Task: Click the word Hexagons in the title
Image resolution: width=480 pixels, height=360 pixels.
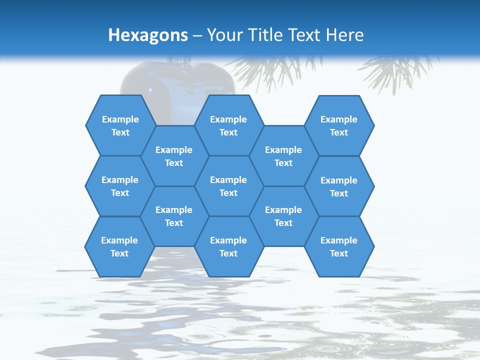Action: coord(148,35)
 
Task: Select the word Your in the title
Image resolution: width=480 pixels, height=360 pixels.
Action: coord(223,35)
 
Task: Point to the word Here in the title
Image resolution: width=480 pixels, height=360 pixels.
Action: coord(344,35)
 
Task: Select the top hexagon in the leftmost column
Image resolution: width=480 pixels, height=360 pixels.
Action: coord(120,125)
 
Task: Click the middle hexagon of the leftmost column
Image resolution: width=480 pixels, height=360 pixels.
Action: coord(120,186)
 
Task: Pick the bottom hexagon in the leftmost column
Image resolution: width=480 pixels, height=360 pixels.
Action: coord(119,246)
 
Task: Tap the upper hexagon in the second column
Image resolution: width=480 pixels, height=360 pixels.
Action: coord(174,156)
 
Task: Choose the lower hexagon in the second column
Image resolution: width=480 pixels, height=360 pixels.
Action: coord(174,216)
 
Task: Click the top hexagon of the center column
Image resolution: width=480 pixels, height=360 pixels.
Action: coord(228,125)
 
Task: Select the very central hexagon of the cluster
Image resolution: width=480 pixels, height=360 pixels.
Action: coord(228,186)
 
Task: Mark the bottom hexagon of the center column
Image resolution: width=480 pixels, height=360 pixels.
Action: coord(228,246)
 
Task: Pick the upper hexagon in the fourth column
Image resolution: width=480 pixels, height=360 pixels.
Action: coord(283,156)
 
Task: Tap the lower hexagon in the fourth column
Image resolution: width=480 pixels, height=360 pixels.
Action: coord(283,216)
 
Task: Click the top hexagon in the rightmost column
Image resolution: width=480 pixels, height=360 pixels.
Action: coord(339,125)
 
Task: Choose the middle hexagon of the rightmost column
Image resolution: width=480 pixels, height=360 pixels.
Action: coord(339,186)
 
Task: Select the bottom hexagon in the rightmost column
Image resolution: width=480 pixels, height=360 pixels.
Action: coord(339,246)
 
